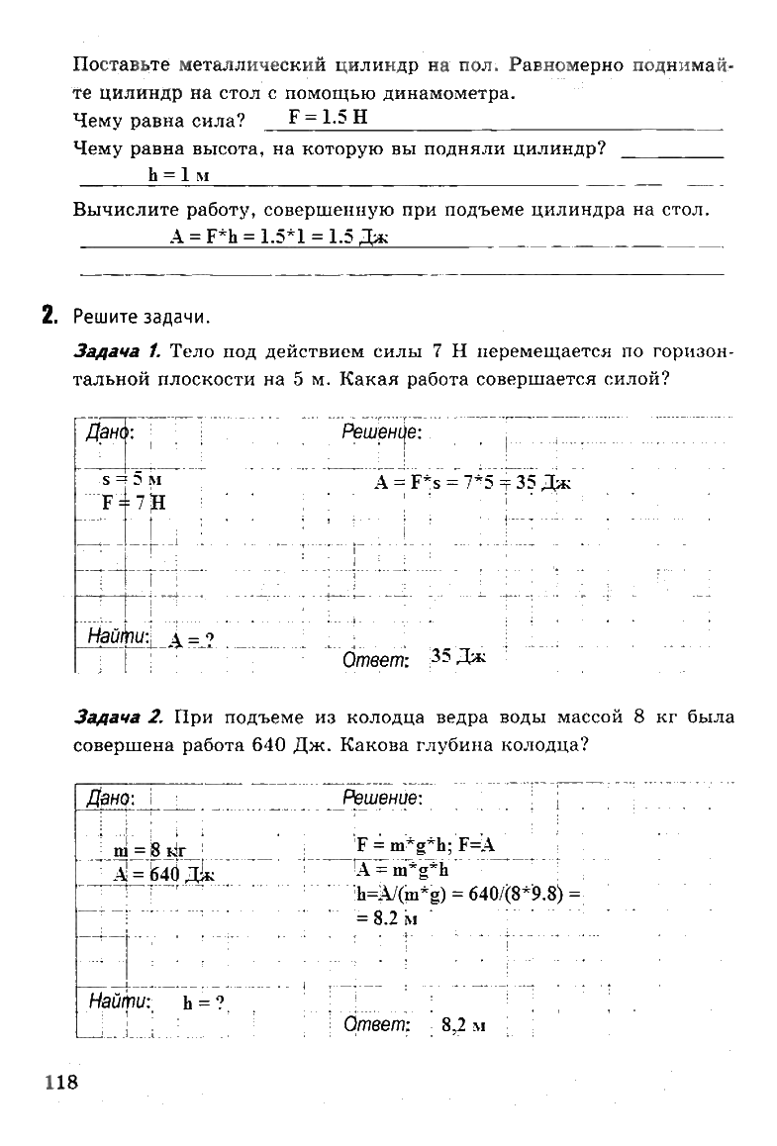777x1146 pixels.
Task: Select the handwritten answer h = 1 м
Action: click(178, 175)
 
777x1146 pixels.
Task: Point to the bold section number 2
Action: click(48, 317)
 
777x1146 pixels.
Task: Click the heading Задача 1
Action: click(118, 350)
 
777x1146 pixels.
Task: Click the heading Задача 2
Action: click(118, 716)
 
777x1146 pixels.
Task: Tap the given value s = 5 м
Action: click(132, 479)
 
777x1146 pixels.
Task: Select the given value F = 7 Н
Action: click(134, 502)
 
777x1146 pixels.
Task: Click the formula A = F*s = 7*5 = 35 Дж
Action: click(472, 482)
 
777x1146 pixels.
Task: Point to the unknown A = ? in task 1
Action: click(191, 640)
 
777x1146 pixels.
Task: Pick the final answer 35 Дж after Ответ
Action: click(458, 656)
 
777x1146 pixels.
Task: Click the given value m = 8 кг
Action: click(150, 850)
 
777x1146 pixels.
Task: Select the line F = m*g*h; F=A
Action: click(426, 845)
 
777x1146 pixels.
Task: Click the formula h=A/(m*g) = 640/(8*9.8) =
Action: click(467, 895)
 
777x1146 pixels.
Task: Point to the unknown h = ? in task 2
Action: click(205, 1002)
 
